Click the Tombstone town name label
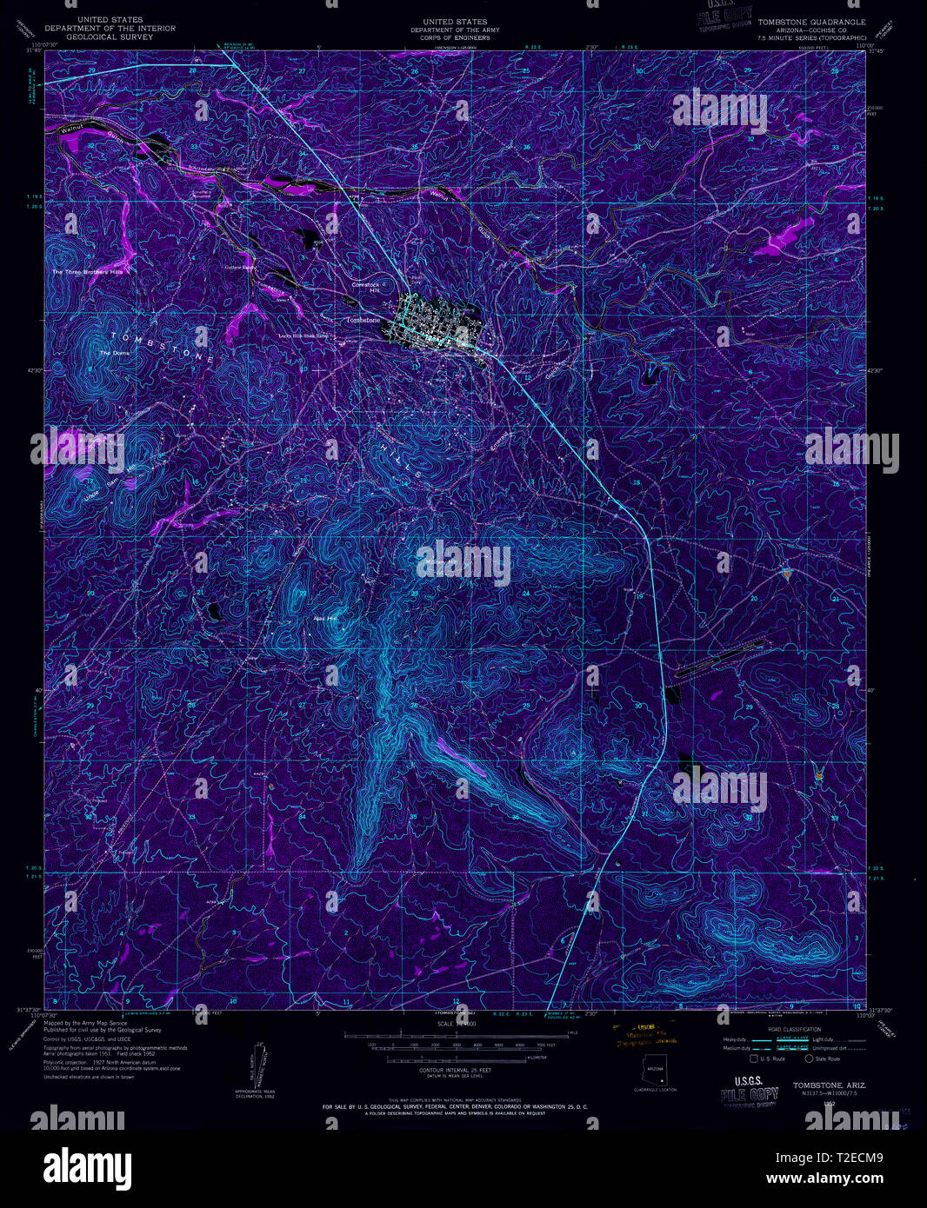tap(363, 320)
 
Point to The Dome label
tap(112, 353)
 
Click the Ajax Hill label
tap(324, 619)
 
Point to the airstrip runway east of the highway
tap(722, 659)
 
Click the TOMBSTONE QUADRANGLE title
tap(812, 22)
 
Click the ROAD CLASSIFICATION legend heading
tap(781, 1028)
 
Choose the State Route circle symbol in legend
tap(809, 1059)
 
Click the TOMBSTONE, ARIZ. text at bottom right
tap(823, 1085)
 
